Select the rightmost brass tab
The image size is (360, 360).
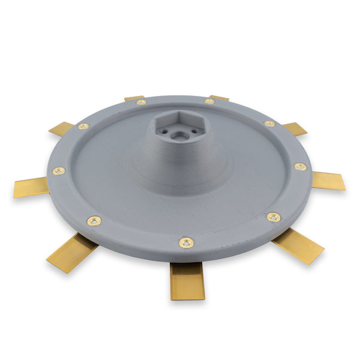329,180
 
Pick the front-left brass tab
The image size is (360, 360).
71,253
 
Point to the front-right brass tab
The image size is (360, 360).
298,245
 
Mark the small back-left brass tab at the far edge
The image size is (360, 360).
134,98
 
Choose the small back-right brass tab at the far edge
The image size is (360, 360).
219,97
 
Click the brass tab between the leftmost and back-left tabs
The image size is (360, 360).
61,128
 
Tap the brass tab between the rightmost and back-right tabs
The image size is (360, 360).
295,128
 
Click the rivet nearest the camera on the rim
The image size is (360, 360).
187,243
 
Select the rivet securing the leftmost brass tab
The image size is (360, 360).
58,171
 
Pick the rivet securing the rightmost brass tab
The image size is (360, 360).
300,166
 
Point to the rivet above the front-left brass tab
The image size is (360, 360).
94,221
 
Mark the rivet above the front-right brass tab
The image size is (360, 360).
274,217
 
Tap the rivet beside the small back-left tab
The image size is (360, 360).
141,103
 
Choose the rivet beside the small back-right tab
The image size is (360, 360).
209,101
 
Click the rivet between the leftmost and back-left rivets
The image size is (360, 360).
83,127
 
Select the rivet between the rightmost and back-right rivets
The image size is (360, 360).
270,124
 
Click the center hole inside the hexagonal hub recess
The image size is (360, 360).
178,136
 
